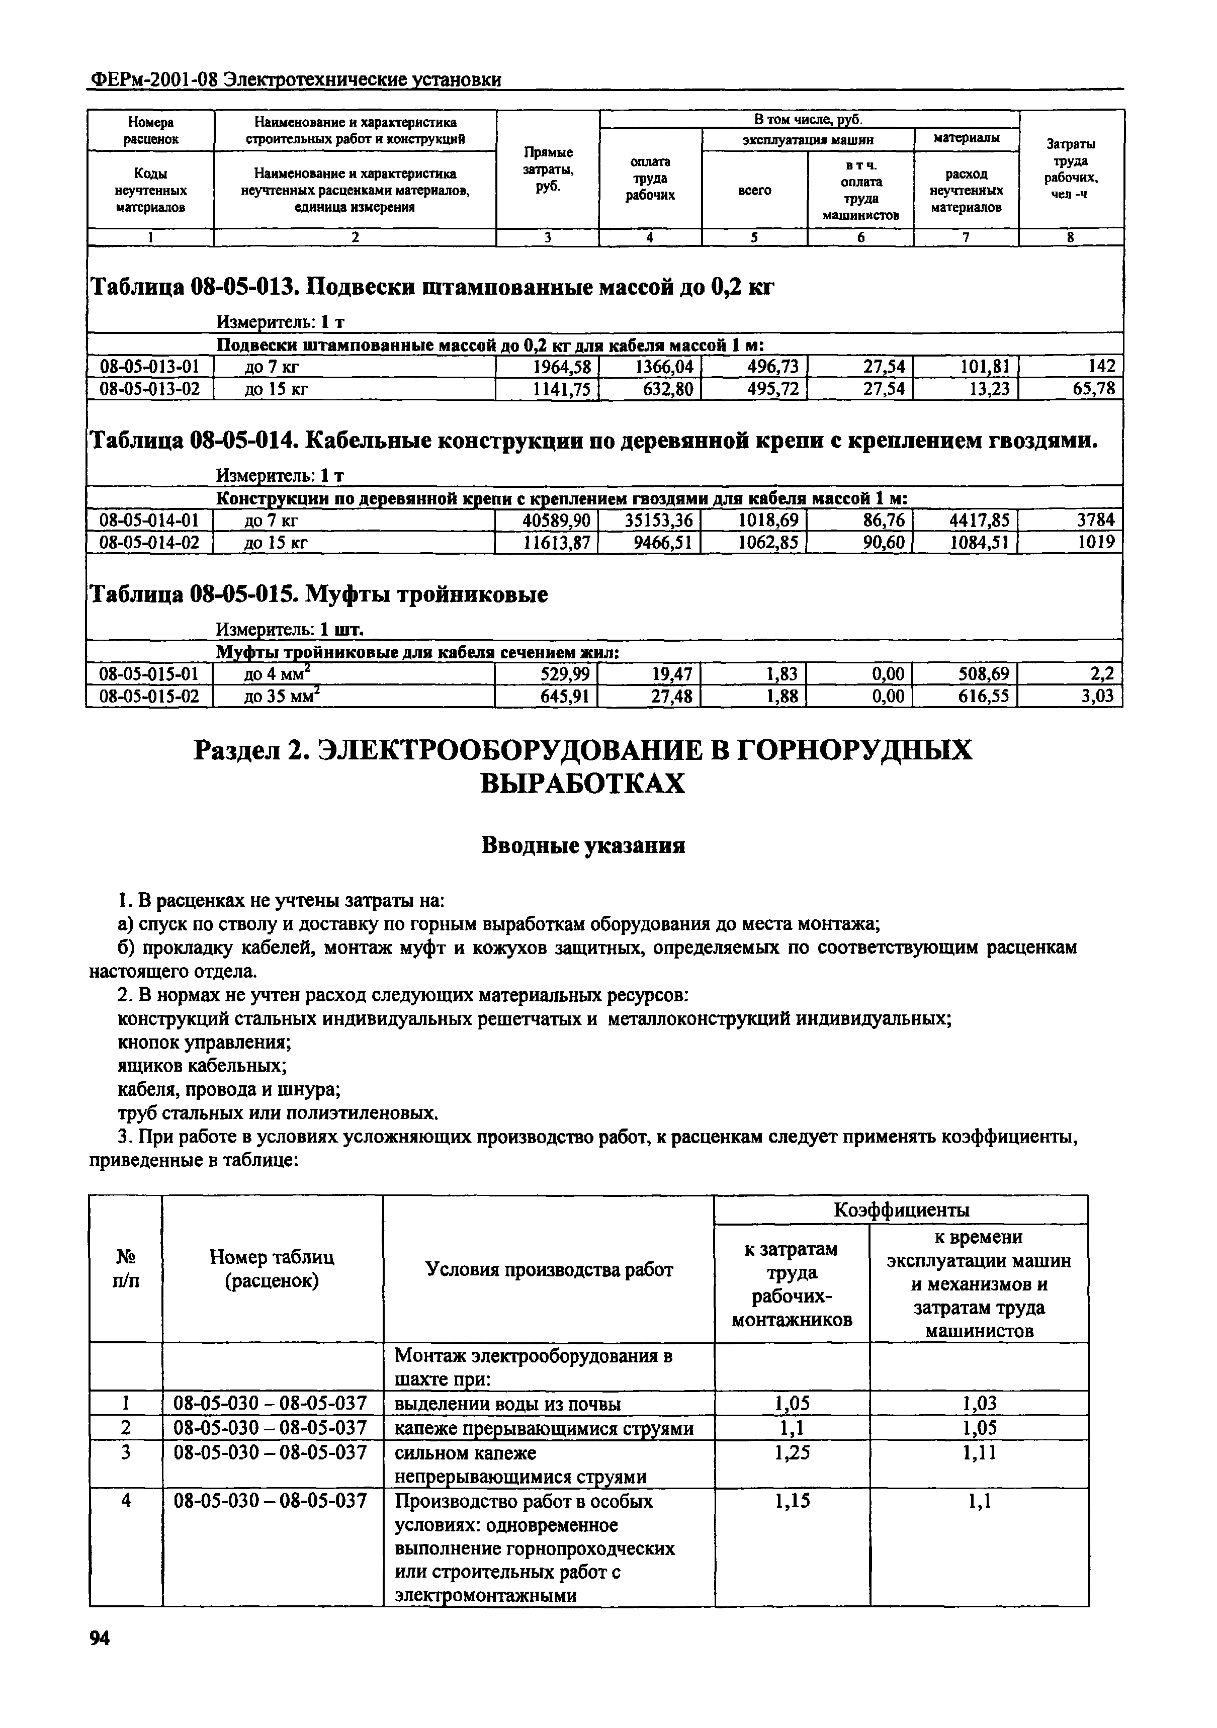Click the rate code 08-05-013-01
(150, 367)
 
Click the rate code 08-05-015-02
(150, 696)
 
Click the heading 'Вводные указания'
(583, 846)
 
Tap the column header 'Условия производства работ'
(550, 1270)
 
